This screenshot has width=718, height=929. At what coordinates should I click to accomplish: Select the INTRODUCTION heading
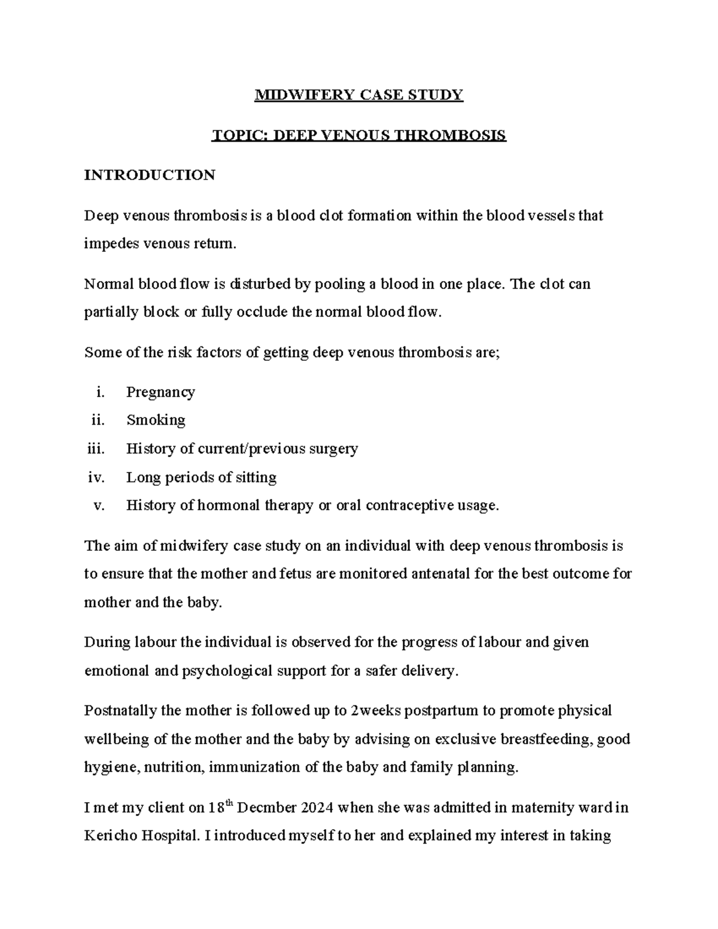pyautogui.click(x=150, y=175)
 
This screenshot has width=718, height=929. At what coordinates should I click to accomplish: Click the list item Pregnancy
pyautogui.click(x=160, y=392)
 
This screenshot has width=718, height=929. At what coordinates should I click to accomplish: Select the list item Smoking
pyautogui.click(x=156, y=420)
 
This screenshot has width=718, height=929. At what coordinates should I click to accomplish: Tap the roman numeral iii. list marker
pyautogui.click(x=95, y=449)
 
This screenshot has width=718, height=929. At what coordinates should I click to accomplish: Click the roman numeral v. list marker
pyautogui.click(x=99, y=505)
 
